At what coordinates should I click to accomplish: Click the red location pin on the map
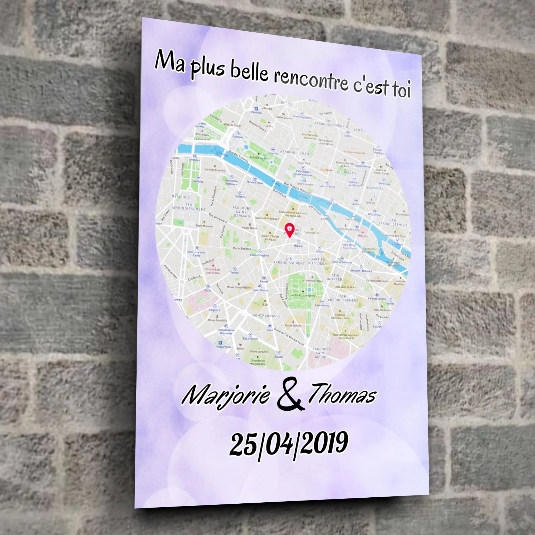point(289,230)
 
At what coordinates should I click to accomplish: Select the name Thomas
point(342,393)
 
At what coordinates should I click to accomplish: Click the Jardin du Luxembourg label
point(303,295)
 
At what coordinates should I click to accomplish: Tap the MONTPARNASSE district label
point(266,316)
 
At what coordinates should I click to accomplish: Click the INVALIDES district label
point(180,197)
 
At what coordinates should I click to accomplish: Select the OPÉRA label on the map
point(286,103)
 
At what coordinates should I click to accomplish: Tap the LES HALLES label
point(346,172)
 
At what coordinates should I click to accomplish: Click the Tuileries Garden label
point(259,158)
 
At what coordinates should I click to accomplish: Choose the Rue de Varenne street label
point(218,218)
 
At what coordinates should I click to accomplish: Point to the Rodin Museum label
point(204,226)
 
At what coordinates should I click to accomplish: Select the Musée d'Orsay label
point(255,183)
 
